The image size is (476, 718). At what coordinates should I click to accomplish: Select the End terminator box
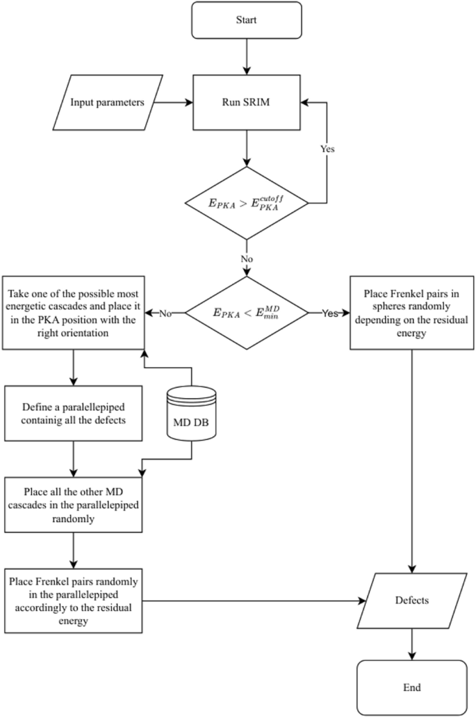pyautogui.click(x=413, y=687)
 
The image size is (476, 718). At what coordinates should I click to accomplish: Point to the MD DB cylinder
pyautogui.click(x=191, y=414)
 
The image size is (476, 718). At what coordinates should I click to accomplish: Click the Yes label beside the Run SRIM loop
pyautogui.click(x=327, y=149)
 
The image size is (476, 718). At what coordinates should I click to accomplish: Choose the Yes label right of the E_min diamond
pyautogui.click(x=329, y=313)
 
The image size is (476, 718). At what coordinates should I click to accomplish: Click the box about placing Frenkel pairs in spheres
pyautogui.click(x=413, y=313)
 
